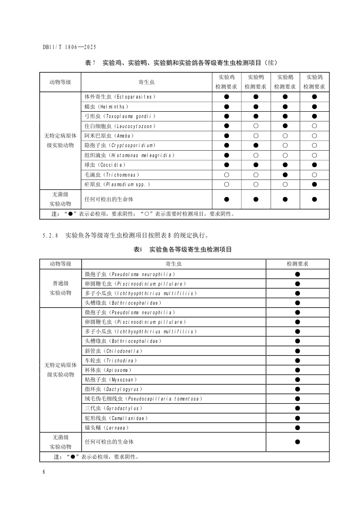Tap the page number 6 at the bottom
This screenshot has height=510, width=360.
point(44,472)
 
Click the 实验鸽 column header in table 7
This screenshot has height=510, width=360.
point(314,82)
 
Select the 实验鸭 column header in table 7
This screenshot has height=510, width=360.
point(256,82)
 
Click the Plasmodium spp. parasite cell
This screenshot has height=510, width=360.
point(117,184)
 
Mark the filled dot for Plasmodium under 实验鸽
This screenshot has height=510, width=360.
point(314,184)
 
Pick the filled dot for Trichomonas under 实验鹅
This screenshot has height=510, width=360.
point(285,175)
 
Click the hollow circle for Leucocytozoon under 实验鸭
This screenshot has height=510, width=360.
point(256,126)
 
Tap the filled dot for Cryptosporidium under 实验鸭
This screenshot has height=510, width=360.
point(256,145)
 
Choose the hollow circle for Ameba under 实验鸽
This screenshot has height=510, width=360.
point(314,136)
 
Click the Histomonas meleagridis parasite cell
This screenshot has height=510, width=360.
point(129,155)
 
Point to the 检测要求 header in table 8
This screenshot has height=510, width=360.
point(297,264)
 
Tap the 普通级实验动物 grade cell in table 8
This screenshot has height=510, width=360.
point(60,288)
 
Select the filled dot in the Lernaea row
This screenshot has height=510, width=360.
point(297,428)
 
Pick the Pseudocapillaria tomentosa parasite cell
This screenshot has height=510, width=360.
point(143,399)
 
